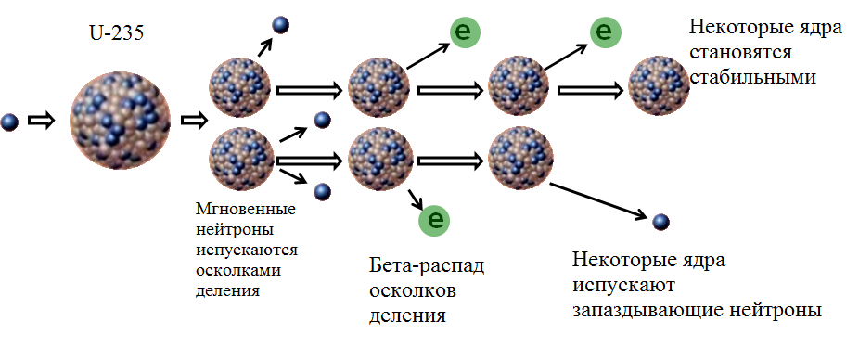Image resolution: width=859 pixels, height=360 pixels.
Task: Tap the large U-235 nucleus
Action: pos(120,120)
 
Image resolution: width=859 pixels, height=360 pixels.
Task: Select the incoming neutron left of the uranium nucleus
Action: pos(10,121)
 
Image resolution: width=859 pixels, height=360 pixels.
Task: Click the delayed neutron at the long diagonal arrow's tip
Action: pos(660,221)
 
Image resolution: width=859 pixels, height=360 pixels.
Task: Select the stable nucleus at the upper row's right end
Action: pos(659,87)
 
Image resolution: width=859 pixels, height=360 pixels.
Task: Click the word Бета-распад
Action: pos(426,267)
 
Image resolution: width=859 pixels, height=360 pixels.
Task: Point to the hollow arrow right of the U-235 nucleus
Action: pos(192,121)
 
